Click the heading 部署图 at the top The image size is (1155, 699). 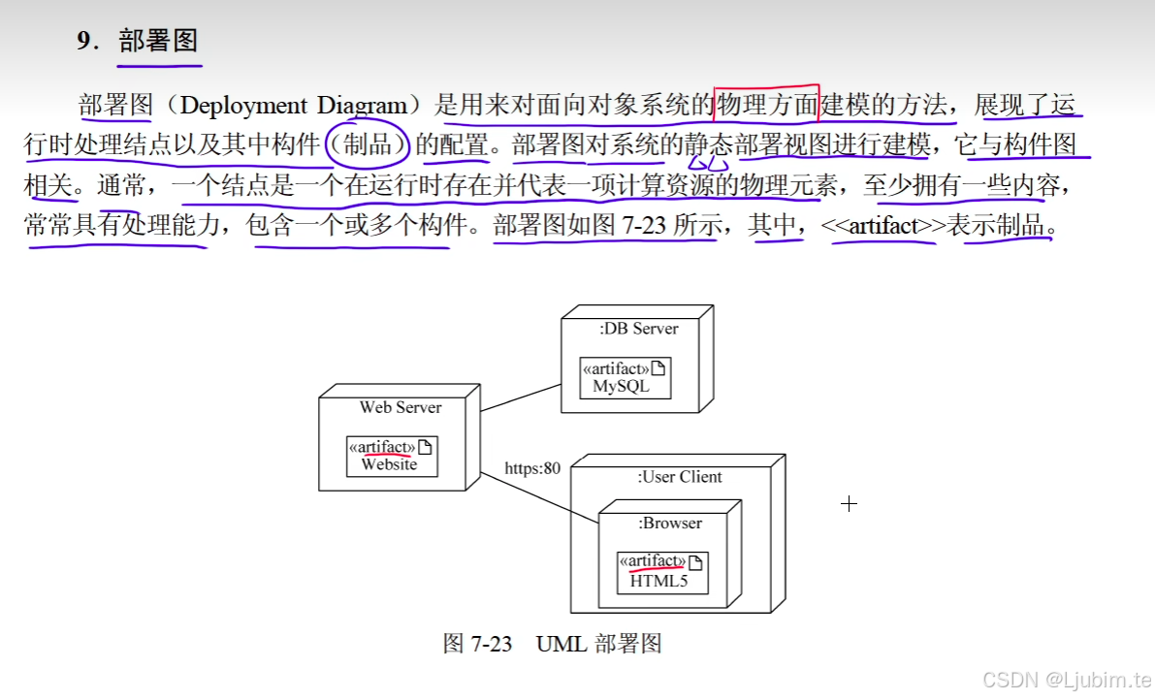click(x=158, y=41)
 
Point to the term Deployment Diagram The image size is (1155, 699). click(x=294, y=105)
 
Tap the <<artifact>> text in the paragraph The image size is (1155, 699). click(x=882, y=227)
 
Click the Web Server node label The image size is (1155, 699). click(x=400, y=407)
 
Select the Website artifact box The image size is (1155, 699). click(x=392, y=456)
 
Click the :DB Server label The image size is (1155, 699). click(x=638, y=329)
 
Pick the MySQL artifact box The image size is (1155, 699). click(x=626, y=377)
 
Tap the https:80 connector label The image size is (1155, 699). click(x=532, y=468)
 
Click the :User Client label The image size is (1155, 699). click(x=679, y=477)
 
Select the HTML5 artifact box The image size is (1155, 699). click(x=662, y=572)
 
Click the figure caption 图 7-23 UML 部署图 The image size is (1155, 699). click(x=552, y=644)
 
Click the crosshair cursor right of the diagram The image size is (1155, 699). click(x=850, y=503)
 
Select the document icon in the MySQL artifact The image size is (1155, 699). click(x=658, y=368)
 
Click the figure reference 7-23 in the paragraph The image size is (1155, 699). click(x=642, y=227)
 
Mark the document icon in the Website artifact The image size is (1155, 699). click(x=424, y=447)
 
